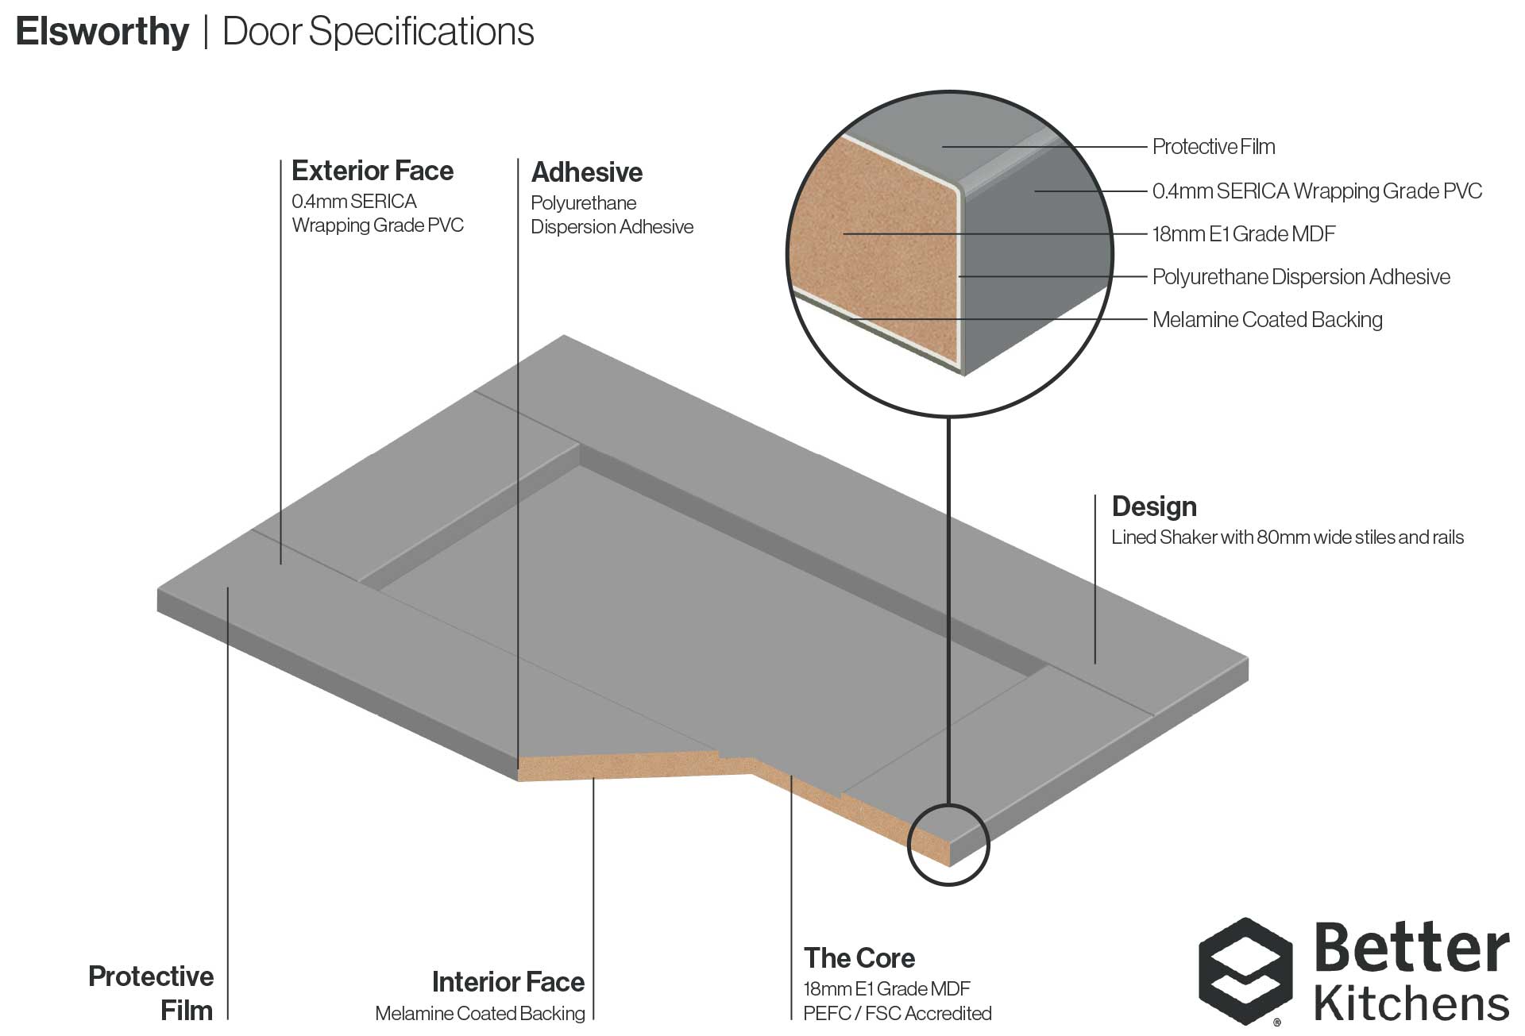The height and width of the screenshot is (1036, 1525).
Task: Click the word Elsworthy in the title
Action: click(102, 33)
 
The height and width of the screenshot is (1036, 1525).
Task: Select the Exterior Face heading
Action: click(372, 171)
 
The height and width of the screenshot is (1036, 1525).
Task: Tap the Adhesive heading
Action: click(586, 172)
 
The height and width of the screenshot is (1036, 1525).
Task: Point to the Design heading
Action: click(1153, 506)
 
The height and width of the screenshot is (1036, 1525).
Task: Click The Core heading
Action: click(859, 958)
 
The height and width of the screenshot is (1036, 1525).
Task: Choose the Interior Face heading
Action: click(508, 982)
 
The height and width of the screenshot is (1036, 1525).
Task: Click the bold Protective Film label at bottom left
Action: click(151, 993)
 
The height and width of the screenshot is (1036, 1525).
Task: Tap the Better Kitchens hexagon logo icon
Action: click(1245, 970)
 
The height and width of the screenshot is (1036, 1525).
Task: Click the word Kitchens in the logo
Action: click(1411, 1003)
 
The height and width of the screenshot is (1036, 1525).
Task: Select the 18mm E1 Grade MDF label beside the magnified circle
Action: click(1243, 234)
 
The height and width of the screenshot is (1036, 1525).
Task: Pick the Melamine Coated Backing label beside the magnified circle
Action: click(1267, 320)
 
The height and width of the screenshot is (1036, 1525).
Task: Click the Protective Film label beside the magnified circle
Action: click(1213, 147)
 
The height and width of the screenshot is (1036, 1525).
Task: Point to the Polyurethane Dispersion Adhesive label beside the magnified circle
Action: click(1300, 277)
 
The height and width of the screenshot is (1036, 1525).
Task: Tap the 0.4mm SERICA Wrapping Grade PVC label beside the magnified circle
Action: click(1316, 191)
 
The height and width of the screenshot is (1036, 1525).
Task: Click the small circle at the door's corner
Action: click(948, 845)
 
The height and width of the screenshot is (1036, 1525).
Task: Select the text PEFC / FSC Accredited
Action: click(897, 1014)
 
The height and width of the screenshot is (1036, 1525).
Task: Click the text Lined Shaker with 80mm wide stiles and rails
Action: click(1287, 537)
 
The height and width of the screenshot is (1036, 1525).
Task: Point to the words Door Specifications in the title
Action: click(378, 33)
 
